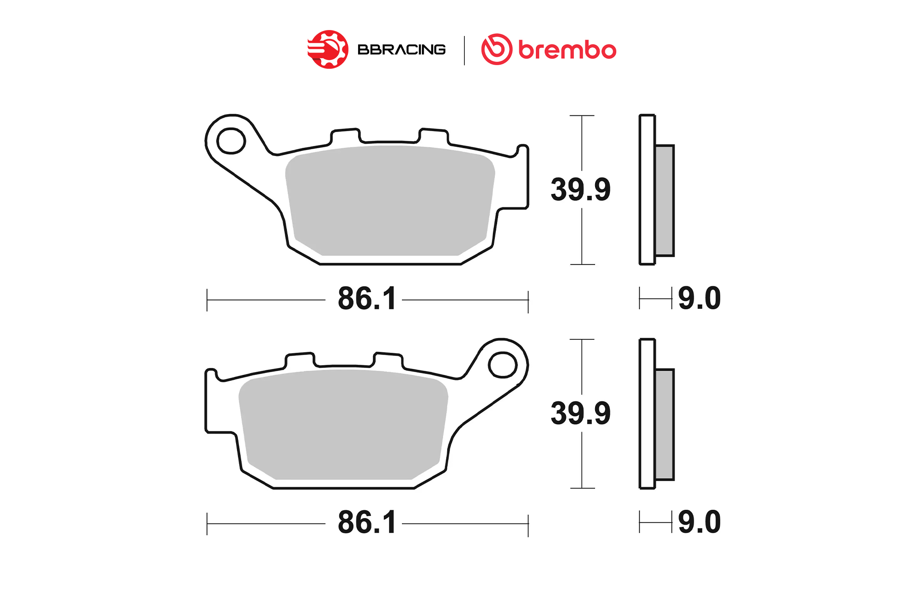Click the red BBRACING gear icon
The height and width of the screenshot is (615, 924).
pos(328,49)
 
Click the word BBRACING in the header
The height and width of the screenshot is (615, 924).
pos(401,49)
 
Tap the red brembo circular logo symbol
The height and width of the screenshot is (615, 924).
pos(497,49)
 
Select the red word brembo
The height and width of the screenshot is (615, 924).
pos(567,50)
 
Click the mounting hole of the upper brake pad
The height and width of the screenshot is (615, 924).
pos(231,141)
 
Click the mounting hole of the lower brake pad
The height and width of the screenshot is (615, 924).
pos(503,365)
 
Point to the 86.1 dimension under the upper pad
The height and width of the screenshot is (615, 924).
pos(367,299)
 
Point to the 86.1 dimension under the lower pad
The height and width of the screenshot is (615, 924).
pos(367,523)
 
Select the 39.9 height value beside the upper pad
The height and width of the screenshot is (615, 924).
pos(580,189)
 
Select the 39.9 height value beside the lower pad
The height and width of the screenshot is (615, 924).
pos(580,413)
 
